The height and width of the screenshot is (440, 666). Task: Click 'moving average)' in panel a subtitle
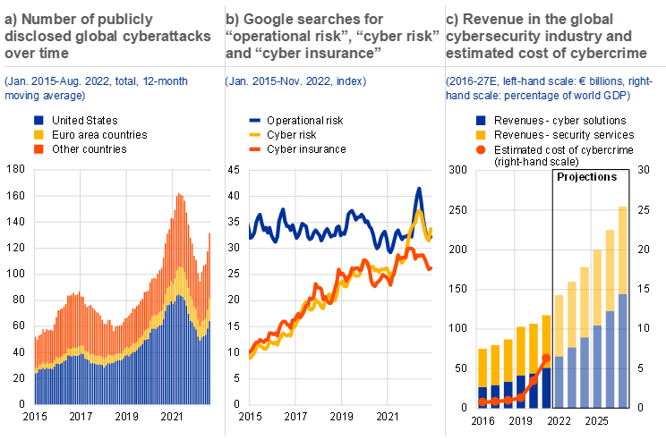coord(45,95)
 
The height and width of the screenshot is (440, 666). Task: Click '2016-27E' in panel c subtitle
coord(471,82)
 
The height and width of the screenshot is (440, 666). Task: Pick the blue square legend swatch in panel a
coord(38,120)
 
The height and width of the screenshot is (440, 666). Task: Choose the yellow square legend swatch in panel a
coord(38,134)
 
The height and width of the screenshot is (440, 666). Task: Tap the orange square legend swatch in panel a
coord(38,148)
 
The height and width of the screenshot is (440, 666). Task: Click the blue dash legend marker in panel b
coord(255,120)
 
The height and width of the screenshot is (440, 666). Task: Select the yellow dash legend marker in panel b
coord(255,134)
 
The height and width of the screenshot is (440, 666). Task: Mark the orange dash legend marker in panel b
coord(255,148)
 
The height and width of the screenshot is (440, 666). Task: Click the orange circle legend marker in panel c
coord(482,148)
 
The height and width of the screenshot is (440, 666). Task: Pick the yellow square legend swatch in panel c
coord(482,134)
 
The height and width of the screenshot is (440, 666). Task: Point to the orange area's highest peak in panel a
coord(180,195)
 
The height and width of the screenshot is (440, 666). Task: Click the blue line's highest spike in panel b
coord(418,189)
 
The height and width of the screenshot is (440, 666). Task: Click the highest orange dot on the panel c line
coord(546,358)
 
